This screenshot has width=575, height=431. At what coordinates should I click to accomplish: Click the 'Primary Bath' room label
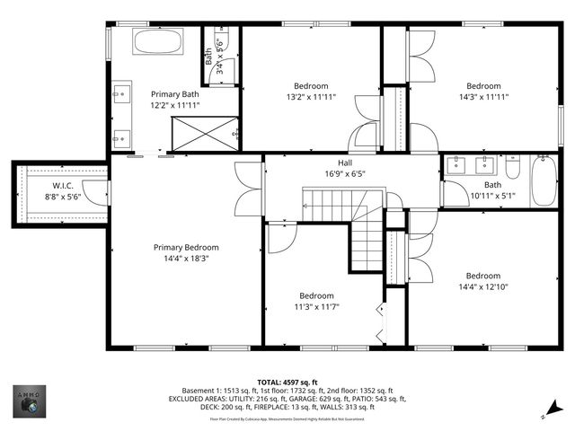tap(175, 93)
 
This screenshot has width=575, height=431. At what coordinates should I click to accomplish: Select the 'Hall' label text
tap(345, 163)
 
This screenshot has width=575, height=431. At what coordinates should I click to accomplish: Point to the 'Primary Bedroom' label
tap(186, 248)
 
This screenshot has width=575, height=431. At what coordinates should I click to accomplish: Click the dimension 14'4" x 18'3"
tap(186, 259)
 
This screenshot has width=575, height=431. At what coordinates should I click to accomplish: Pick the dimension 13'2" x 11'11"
tap(311, 97)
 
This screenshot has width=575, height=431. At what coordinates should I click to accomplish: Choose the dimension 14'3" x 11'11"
tap(483, 97)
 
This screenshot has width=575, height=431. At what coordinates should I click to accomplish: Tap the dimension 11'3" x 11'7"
tap(316, 307)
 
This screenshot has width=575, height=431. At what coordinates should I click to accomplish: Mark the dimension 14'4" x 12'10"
tap(482, 287)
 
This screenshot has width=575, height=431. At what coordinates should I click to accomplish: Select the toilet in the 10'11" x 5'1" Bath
tap(513, 168)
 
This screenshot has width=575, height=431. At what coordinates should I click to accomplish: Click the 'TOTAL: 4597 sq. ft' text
tap(287, 383)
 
